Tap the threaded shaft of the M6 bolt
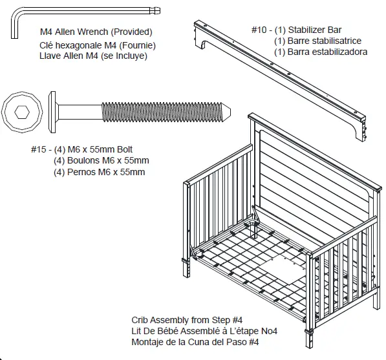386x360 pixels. (162, 111)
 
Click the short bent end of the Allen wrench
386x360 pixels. (14, 28)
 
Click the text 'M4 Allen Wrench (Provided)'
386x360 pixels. (96, 32)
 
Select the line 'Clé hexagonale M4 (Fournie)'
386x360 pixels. (98, 46)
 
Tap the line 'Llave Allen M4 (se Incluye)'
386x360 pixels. (93, 56)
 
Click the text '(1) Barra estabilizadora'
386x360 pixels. (321, 52)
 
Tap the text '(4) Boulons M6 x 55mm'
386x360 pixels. (102, 161)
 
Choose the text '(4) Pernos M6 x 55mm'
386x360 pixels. (100, 172)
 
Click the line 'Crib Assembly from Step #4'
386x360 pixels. (186, 320)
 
